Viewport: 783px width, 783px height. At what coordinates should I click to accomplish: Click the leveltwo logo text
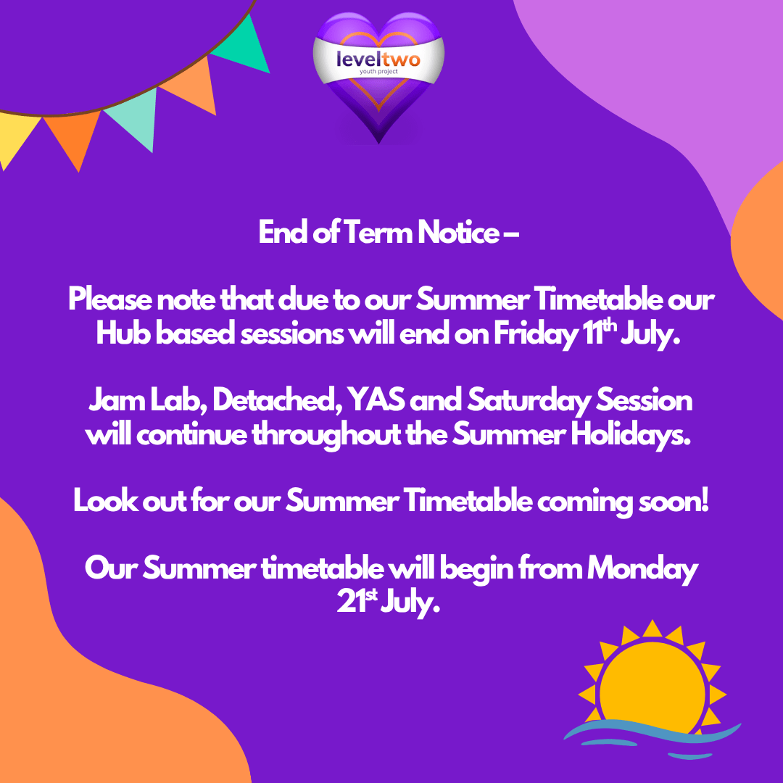point(378,59)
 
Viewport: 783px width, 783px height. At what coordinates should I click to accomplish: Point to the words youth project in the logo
point(378,72)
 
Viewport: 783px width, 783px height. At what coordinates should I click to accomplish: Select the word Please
point(110,299)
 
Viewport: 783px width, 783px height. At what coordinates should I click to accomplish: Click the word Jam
point(117,400)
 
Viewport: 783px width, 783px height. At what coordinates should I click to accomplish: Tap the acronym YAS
point(376,400)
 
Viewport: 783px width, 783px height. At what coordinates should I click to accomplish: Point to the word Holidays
point(631,436)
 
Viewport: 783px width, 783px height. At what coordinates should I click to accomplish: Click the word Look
point(106,500)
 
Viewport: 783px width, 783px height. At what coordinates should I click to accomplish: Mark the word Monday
point(642,570)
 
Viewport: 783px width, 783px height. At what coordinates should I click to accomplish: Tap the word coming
point(584,502)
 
